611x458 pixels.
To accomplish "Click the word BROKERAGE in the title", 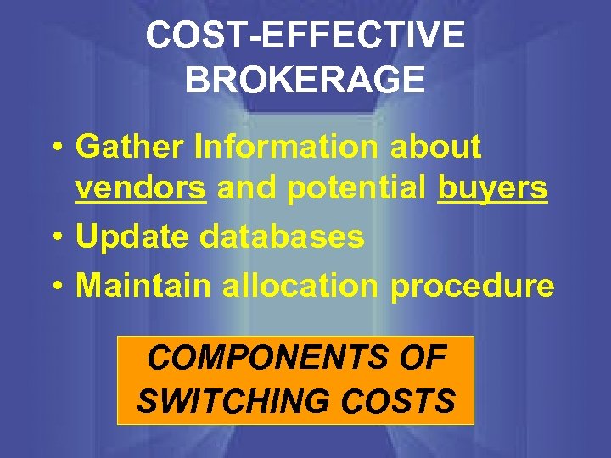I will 305,80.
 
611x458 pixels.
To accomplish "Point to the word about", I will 435,147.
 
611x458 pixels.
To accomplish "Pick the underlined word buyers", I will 492,190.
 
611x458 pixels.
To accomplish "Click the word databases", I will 282,237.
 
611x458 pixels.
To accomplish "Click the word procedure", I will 472,287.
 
